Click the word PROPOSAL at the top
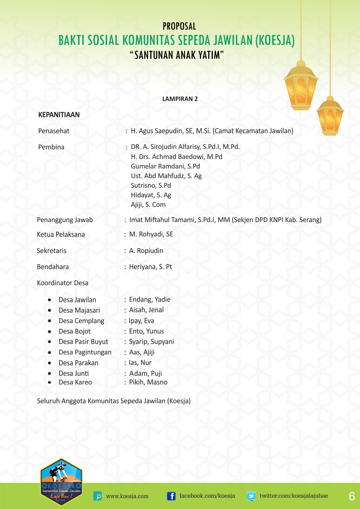(179, 26)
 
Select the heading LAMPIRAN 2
(180, 99)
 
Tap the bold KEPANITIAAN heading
(59, 115)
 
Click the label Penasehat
(54, 131)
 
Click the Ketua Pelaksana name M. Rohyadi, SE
(151, 234)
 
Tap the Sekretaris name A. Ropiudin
(146, 251)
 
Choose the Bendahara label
(53, 267)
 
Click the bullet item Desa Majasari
(79, 310)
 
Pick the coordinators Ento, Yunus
(146, 331)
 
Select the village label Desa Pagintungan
(85, 352)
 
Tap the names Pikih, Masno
(148, 382)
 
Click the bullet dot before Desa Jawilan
(50, 300)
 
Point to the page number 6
(351, 496)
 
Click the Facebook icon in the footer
(172, 496)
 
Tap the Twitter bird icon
(251, 496)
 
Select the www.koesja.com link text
(127, 496)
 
